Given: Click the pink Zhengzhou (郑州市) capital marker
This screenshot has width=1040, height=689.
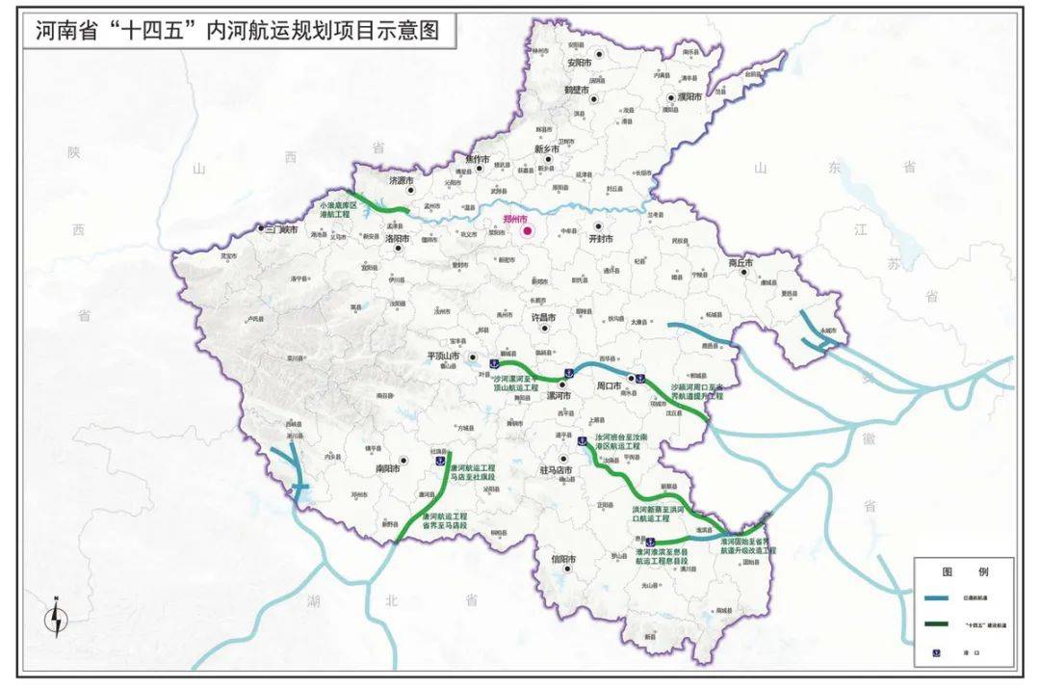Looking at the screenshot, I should pyautogui.click(x=527, y=230).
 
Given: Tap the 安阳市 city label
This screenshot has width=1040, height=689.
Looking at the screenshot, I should pyautogui.click(x=577, y=63).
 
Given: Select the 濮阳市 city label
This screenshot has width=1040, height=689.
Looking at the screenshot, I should pyautogui.click(x=690, y=98).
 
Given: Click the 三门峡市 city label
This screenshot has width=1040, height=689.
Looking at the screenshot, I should pyautogui.click(x=281, y=229).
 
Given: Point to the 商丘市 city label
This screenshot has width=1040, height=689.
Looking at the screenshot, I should pyautogui.click(x=740, y=262).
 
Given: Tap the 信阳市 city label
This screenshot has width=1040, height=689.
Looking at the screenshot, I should pyautogui.click(x=562, y=558).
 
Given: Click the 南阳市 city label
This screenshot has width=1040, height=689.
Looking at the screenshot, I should pyautogui.click(x=387, y=471).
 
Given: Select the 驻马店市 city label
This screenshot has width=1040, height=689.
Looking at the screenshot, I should pyautogui.click(x=556, y=470).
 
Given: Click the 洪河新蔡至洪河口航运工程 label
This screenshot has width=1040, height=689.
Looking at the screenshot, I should pyautogui.click(x=658, y=513).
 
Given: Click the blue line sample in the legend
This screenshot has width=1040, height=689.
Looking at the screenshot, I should pyautogui.click(x=938, y=597).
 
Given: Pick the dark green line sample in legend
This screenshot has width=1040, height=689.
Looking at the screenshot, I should pyautogui.click(x=938, y=625).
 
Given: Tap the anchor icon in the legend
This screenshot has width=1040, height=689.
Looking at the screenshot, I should pyautogui.click(x=938, y=653).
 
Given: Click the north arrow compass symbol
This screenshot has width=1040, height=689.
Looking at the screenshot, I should pyautogui.click(x=59, y=617).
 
